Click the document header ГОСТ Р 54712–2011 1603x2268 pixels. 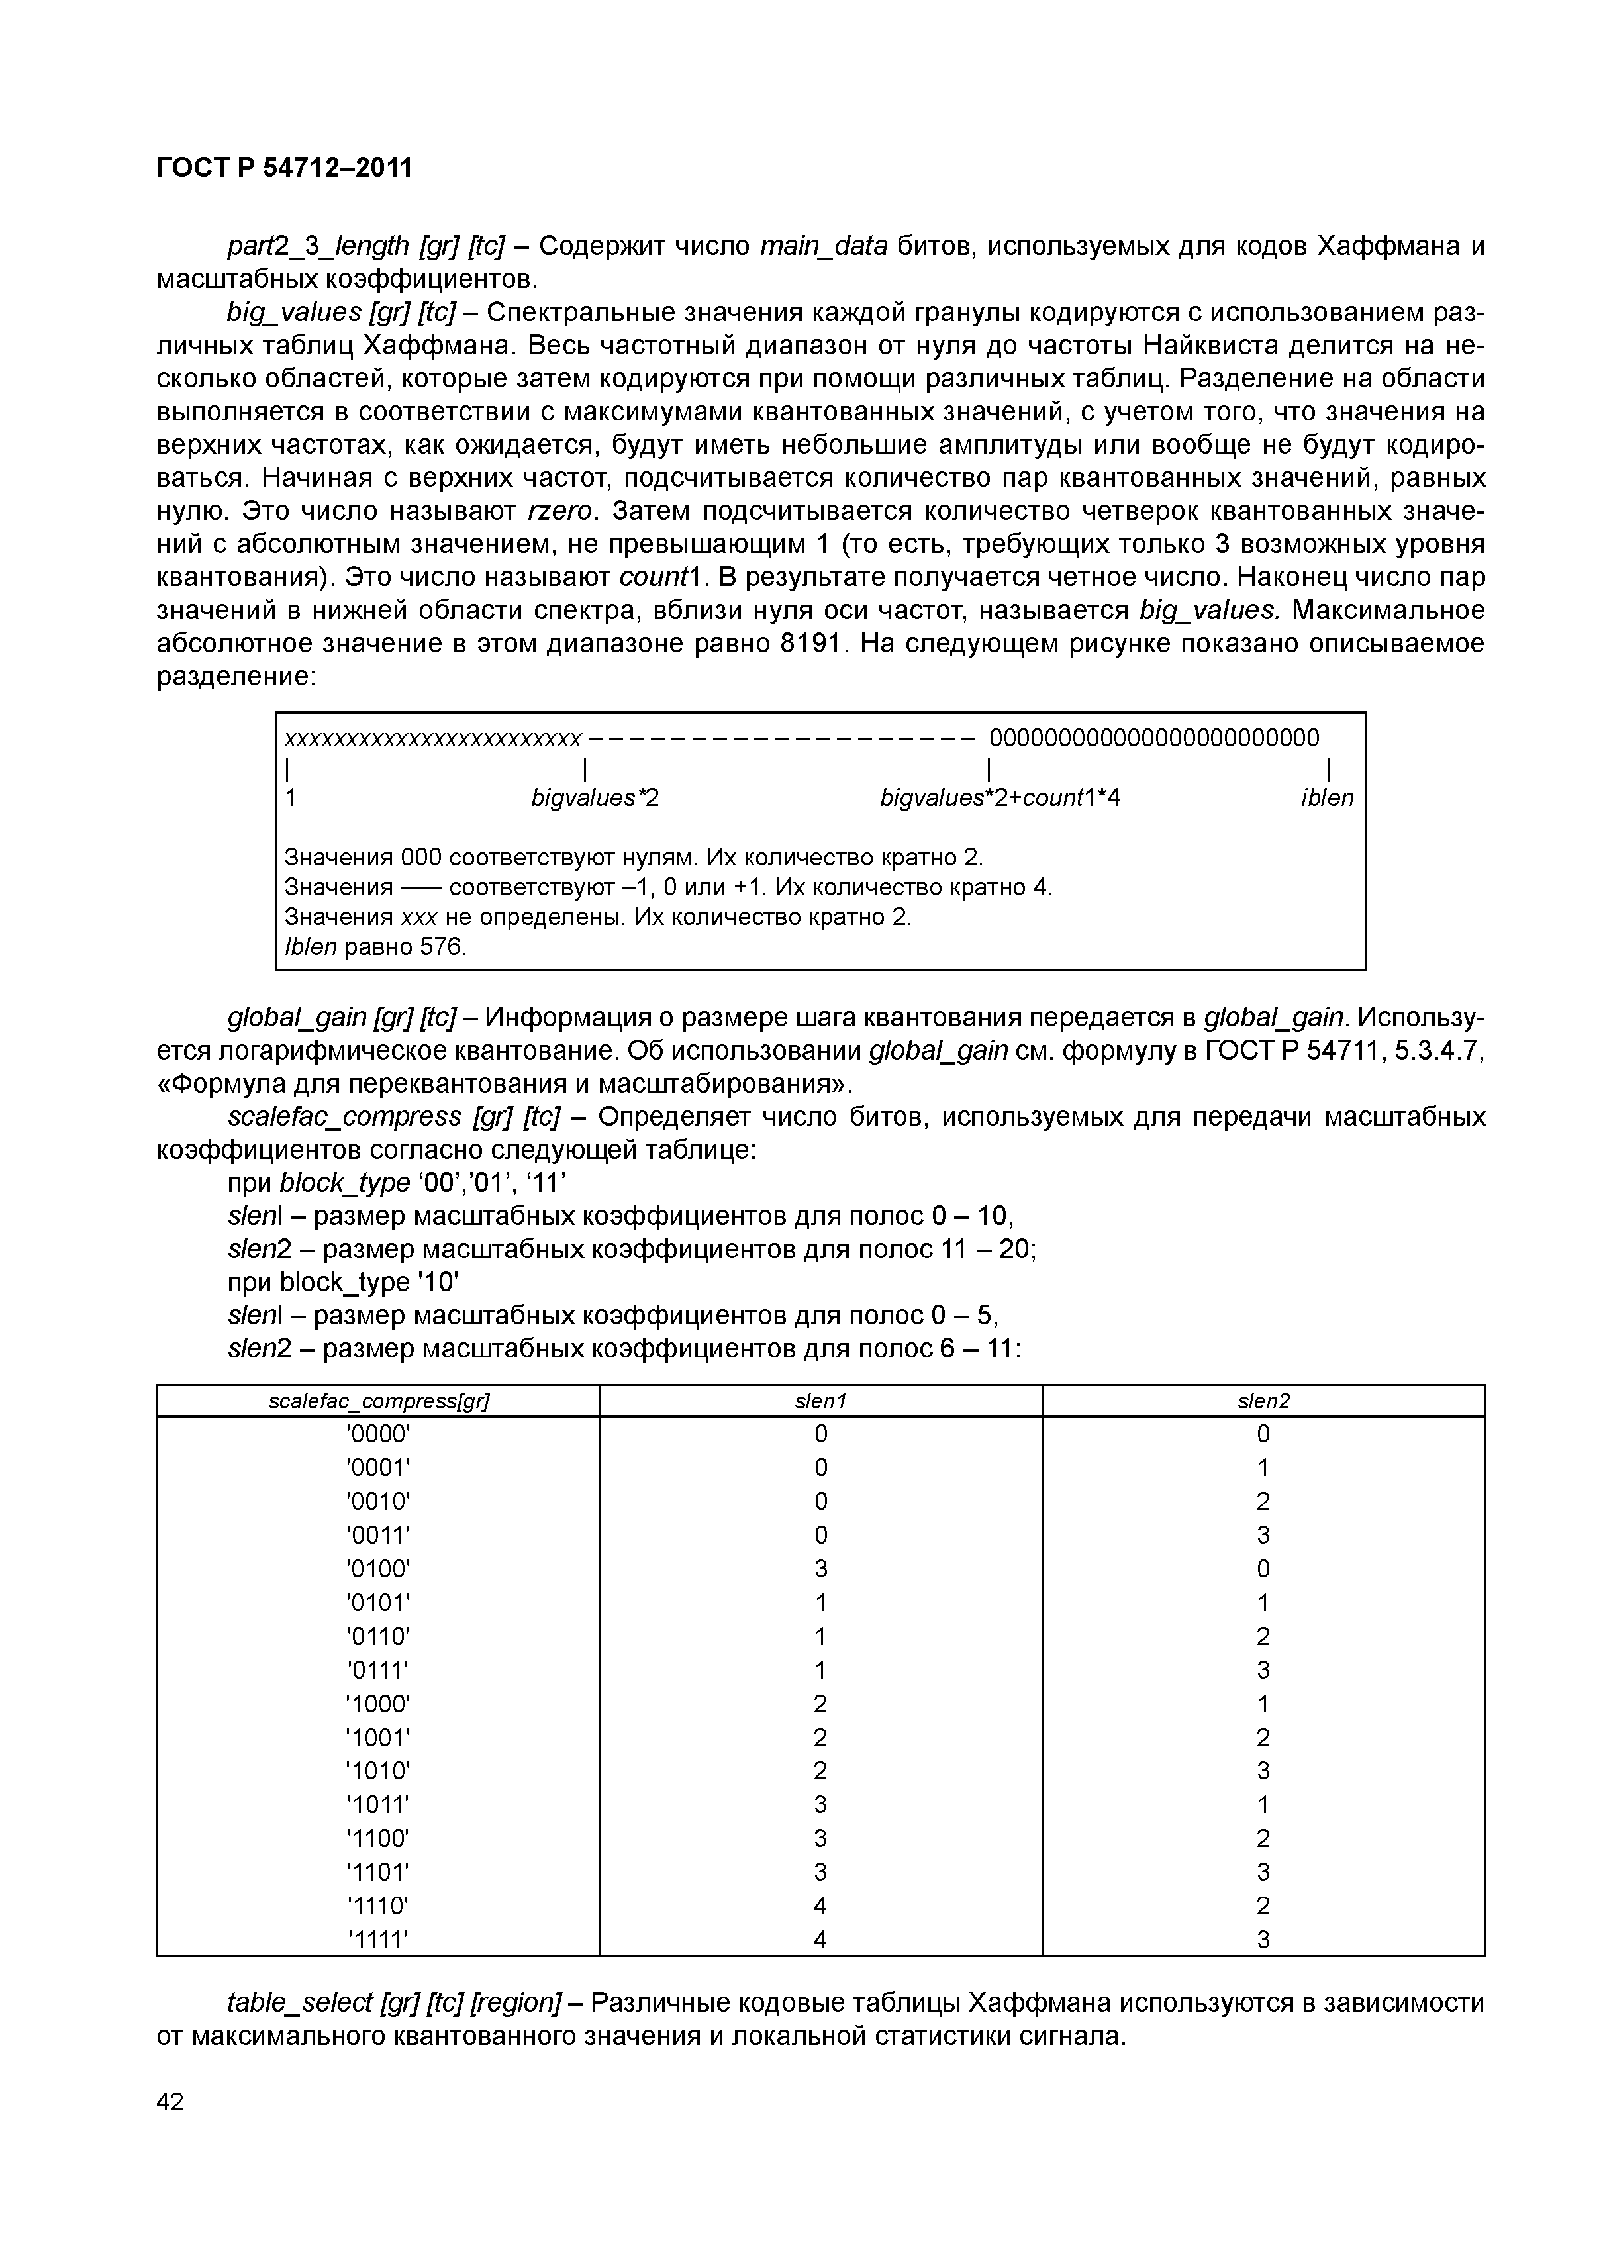click(285, 169)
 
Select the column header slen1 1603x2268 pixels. click(821, 1401)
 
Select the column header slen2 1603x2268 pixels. click(1263, 1401)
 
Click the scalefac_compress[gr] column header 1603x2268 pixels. click(378, 1401)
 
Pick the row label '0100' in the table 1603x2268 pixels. click(378, 1569)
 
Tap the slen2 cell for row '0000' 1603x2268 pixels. click(1263, 1434)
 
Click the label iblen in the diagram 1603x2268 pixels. click(1326, 798)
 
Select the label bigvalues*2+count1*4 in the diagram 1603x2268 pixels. click(1000, 798)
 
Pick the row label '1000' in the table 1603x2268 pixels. click(378, 1704)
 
